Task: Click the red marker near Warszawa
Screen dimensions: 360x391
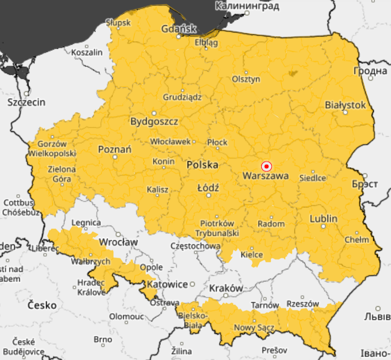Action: [266, 166]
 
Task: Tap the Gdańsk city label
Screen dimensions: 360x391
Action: [179, 29]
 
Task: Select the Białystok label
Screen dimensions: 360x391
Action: [345, 105]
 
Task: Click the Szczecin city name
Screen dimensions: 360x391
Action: [26, 102]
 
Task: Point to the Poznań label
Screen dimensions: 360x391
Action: [115, 150]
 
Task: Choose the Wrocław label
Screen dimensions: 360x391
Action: [118, 242]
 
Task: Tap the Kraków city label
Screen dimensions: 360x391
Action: [226, 287]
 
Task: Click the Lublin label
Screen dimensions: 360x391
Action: [324, 219]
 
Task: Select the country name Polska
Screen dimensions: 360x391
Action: [202, 165]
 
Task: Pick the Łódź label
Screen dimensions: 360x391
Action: [208, 188]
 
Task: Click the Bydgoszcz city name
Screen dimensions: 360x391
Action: [154, 122]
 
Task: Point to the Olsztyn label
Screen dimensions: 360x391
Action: [246, 79]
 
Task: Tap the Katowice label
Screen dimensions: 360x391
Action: [167, 284]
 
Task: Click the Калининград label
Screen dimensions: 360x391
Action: [247, 6]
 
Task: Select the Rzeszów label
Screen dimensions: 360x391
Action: [302, 304]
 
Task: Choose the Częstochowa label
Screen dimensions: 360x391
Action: [196, 246]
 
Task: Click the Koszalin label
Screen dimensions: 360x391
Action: [87, 52]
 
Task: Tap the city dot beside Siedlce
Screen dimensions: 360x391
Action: [313, 172]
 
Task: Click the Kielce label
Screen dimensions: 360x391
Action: [252, 254]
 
